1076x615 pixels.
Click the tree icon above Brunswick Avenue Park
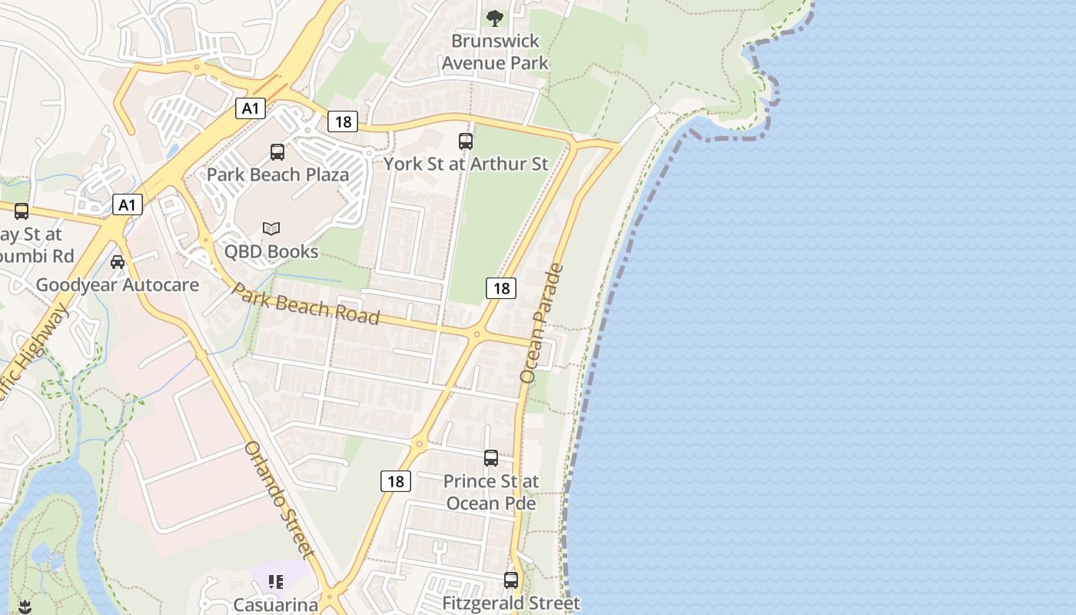495,17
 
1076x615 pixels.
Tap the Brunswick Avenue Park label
495,52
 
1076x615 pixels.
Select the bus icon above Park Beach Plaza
277,151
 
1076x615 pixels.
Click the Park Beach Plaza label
277,175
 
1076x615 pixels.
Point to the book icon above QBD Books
271,228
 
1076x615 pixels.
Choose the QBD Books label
271,251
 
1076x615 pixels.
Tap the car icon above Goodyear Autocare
118,262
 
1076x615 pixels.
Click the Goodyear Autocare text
118,285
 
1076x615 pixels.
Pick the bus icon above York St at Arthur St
466,141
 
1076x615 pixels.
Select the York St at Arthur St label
466,164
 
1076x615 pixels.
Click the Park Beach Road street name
306,304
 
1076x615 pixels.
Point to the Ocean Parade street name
542,323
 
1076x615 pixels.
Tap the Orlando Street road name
279,499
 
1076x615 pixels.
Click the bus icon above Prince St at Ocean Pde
491,458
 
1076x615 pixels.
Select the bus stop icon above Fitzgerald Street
511,580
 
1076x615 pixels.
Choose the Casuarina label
276,605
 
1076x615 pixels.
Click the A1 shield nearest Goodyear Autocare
128,204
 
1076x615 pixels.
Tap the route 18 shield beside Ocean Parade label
501,288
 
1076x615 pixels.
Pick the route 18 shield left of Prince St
396,481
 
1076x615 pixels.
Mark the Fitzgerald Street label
511,603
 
